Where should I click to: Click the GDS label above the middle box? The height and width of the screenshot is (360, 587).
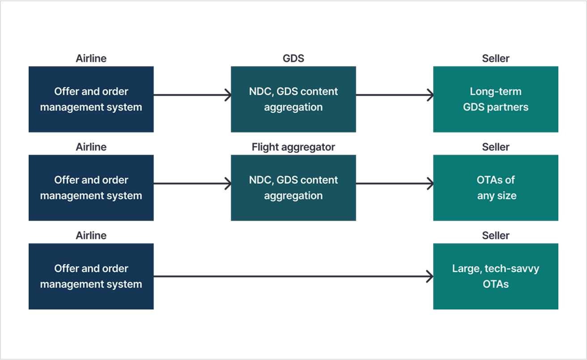pos(293,59)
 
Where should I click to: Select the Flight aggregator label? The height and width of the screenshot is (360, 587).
pos(293,147)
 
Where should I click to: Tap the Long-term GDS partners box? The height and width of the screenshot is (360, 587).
pos(496,99)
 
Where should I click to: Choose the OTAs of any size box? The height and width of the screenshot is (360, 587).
pos(496,188)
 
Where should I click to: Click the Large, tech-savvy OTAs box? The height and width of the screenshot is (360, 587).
pos(496,276)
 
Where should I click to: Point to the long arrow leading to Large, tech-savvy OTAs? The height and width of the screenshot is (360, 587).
pos(293,276)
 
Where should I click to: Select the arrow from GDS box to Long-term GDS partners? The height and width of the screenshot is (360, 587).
pos(395,95)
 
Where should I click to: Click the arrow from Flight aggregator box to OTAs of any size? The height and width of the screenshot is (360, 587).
pos(395,183)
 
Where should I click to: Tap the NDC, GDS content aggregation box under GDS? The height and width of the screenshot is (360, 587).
pos(293,99)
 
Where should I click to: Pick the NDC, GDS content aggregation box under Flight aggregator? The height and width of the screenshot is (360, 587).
pos(293,188)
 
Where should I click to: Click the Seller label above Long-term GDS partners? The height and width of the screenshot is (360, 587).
pos(496,59)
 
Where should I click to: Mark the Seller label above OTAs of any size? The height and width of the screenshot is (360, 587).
pos(496,147)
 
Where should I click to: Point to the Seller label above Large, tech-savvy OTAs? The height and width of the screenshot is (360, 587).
pos(496,236)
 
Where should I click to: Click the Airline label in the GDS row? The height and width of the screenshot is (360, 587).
pos(91,59)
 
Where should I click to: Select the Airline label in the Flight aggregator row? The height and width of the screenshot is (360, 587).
pos(91,147)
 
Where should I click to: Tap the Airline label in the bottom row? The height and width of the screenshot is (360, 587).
pos(91,236)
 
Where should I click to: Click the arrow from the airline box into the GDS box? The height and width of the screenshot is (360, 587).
pos(192,95)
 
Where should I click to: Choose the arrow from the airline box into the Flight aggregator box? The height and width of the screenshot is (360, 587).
pos(192,183)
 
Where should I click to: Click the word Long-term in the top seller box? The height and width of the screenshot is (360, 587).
pos(496,92)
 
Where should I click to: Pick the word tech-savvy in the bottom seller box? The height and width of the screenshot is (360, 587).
pos(512,269)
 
